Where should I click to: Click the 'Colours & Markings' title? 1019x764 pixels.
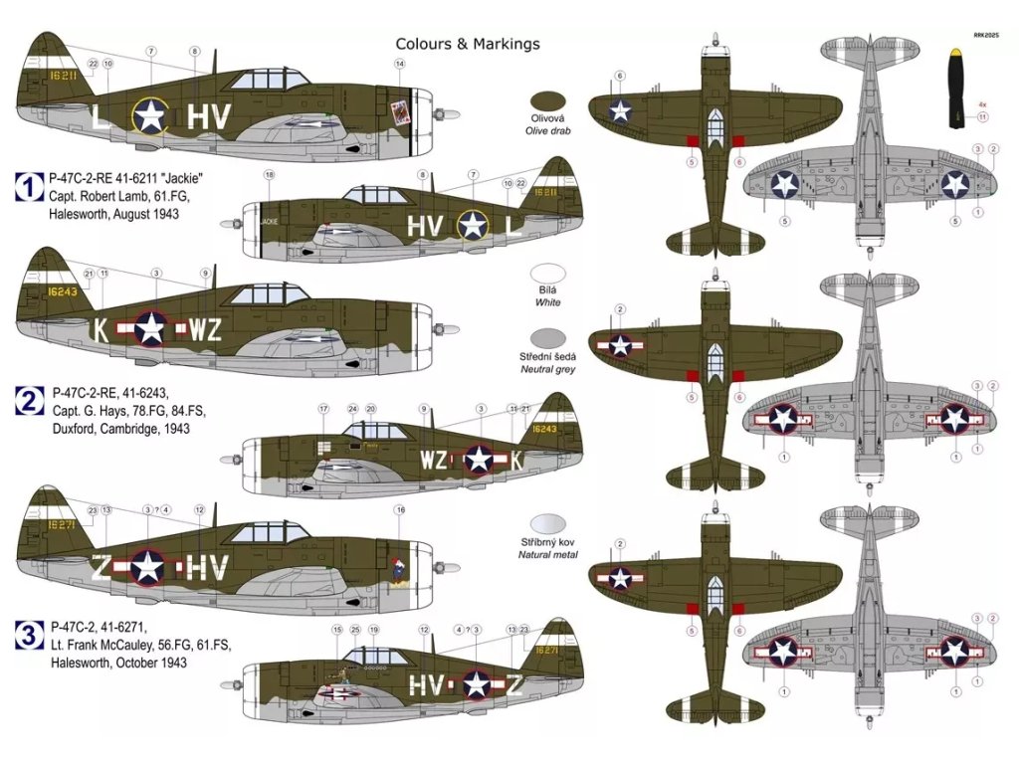pos(468,44)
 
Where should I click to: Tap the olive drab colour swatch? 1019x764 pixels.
pos(548,100)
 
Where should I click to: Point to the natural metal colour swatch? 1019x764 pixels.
pos(548,523)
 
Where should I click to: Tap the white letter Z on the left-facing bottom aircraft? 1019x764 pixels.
pos(102,567)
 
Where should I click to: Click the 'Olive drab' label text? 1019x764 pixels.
pos(548,130)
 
